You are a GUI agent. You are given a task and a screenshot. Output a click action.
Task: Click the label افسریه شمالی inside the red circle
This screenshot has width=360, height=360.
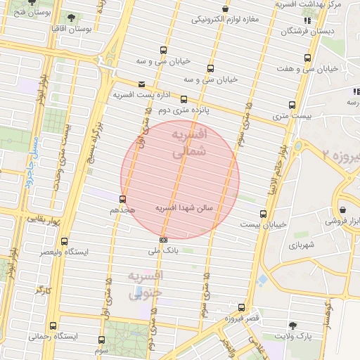[191, 141]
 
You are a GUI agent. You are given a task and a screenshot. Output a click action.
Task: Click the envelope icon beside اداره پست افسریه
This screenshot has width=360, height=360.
[142, 84]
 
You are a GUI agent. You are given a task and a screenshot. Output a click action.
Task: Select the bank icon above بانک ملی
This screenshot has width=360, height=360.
[164, 240]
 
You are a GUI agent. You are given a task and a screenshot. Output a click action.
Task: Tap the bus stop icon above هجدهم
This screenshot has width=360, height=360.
[124, 199]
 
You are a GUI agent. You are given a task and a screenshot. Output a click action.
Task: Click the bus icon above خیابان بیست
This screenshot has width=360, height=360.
[264, 214]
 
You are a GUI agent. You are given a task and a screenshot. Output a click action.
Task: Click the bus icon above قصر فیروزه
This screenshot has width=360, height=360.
[242, 307]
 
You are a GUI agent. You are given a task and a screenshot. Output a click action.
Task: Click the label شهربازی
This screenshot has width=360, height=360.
[303, 246]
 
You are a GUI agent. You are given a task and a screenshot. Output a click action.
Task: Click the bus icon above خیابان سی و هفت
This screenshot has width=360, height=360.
[307, 58]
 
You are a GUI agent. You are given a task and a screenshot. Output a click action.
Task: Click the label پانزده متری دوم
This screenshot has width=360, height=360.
[184, 110]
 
